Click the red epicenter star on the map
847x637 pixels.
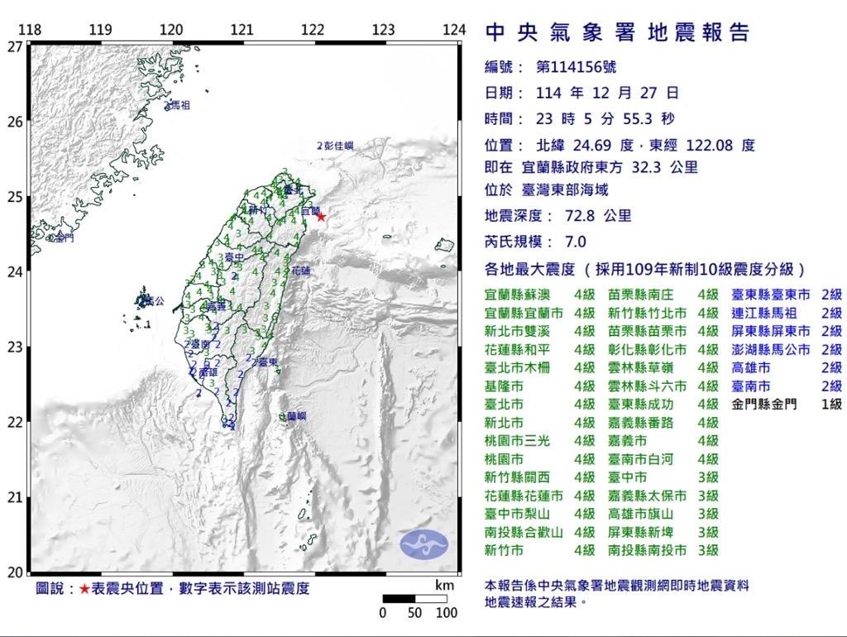pyautogui.click(x=321, y=217)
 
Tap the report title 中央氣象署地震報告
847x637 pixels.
pyautogui.click(x=617, y=32)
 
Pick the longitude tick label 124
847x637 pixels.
pyautogui.click(x=454, y=30)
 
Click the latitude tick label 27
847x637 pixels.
pyautogui.click(x=14, y=46)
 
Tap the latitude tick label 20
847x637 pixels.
pyautogui.click(x=14, y=572)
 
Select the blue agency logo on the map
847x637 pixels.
pyautogui.click(x=423, y=544)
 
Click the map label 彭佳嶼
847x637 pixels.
pyautogui.click(x=339, y=146)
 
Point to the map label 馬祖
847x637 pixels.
pyautogui.click(x=179, y=106)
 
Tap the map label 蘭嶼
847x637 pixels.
pyautogui.click(x=295, y=416)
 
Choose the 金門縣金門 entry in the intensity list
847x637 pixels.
pyautogui.click(x=765, y=405)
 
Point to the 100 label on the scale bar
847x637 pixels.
pyautogui.click(x=447, y=613)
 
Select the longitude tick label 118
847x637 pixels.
pyautogui.click(x=30, y=30)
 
